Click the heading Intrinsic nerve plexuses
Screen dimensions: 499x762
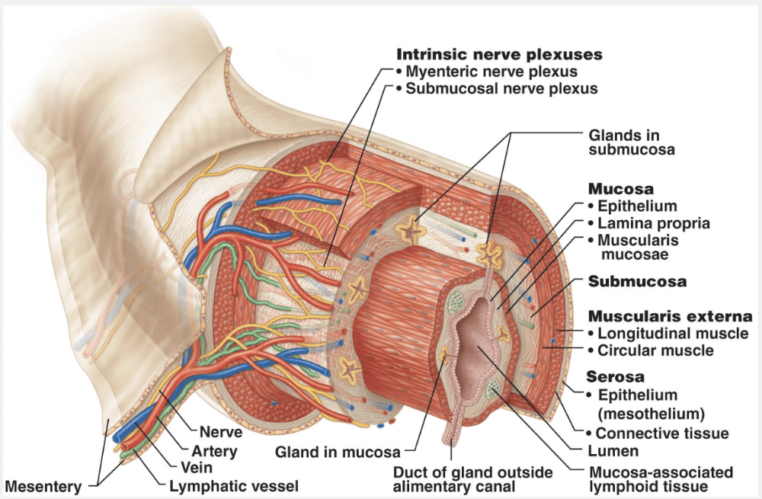499,55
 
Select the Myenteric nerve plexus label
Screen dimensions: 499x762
491,72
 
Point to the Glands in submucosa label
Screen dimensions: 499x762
632,142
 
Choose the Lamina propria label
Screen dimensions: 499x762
654,223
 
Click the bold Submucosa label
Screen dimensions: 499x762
637,281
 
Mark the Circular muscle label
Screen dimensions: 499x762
655,350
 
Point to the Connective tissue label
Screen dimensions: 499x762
662,433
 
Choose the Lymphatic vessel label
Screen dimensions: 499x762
232,485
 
